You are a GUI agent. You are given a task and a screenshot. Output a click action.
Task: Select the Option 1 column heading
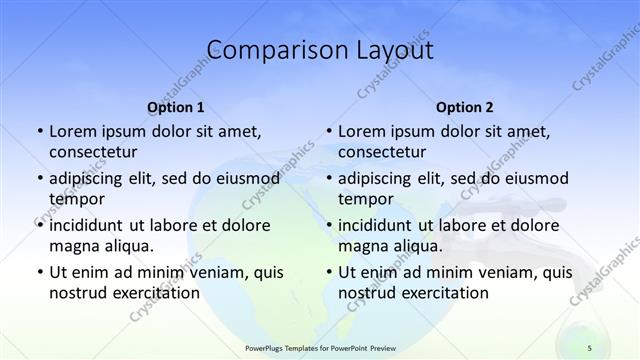176,107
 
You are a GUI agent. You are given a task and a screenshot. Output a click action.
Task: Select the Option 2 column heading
465,107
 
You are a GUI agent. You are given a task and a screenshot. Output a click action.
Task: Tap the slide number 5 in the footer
589,347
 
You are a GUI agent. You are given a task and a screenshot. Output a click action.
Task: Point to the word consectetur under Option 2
382,152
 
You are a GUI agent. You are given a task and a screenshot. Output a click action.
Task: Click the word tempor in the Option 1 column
77,199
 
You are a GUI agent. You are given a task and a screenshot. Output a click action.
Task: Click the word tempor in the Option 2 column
366,199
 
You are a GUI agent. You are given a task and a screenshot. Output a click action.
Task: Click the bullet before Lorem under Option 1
39,132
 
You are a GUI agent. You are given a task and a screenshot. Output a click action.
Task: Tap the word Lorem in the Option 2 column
362,132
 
